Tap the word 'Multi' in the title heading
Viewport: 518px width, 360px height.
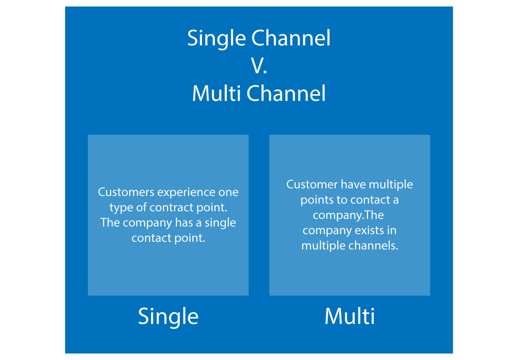click(x=216, y=93)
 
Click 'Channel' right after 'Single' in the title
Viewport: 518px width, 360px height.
click(x=291, y=38)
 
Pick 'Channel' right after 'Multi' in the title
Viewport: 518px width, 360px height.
click(x=286, y=93)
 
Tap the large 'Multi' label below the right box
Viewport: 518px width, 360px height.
click(x=349, y=316)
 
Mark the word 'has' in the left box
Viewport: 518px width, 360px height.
click(x=184, y=222)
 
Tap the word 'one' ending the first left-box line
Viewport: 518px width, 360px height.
click(x=228, y=192)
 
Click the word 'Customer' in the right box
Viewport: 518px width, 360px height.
click(x=312, y=184)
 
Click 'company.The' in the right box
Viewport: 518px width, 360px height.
click(x=348, y=215)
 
